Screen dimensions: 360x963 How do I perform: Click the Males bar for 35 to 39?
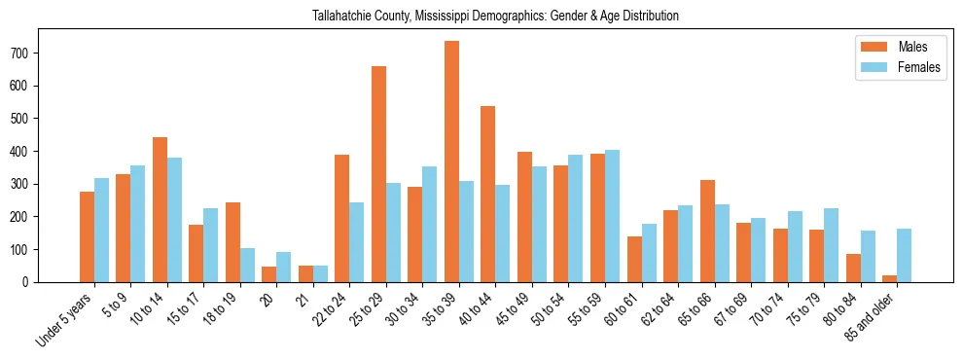pyautogui.click(x=451, y=162)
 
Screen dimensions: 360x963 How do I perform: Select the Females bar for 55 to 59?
pyautogui.click(x=612, y=216)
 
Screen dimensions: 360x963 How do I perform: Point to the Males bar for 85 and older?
pyautogui.click(x=889, y=278)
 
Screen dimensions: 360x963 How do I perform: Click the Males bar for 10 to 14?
pyautogui.click(x=160, y=209)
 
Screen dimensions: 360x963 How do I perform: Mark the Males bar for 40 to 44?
pyautogui.click(x=488, y=194)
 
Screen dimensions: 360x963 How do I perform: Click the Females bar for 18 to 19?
pyautogui.click(x=247, y=265)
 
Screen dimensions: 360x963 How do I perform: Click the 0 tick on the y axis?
pyautogui.click(x=32, y=282)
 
